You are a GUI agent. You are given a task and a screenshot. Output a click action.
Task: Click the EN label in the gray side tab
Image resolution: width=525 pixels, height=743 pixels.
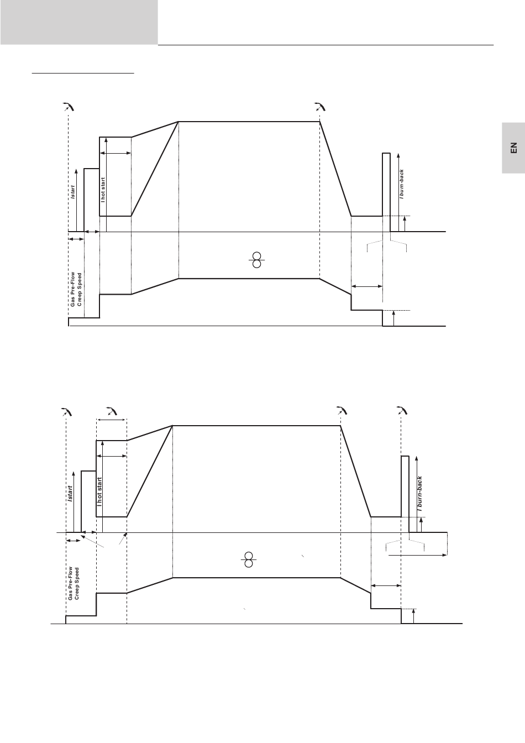pos(513,148)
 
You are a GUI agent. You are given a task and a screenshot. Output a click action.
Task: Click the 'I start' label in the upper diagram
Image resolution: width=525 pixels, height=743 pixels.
pos(72,192)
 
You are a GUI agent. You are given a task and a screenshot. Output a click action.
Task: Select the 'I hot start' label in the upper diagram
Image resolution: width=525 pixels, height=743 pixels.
pos(103,190)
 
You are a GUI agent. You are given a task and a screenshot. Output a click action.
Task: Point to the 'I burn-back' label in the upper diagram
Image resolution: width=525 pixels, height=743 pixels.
pos(402,184)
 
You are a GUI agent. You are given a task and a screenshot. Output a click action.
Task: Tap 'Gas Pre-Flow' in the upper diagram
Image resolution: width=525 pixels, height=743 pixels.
pos(72,289)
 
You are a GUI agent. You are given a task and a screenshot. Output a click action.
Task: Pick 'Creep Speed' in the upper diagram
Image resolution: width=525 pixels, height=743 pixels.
pos(79,290)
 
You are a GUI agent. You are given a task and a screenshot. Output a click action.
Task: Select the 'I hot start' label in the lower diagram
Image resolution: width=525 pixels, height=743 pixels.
pos(99,492)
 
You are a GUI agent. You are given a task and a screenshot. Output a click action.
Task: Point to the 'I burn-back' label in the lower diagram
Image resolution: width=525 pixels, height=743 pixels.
pos(419,494)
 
